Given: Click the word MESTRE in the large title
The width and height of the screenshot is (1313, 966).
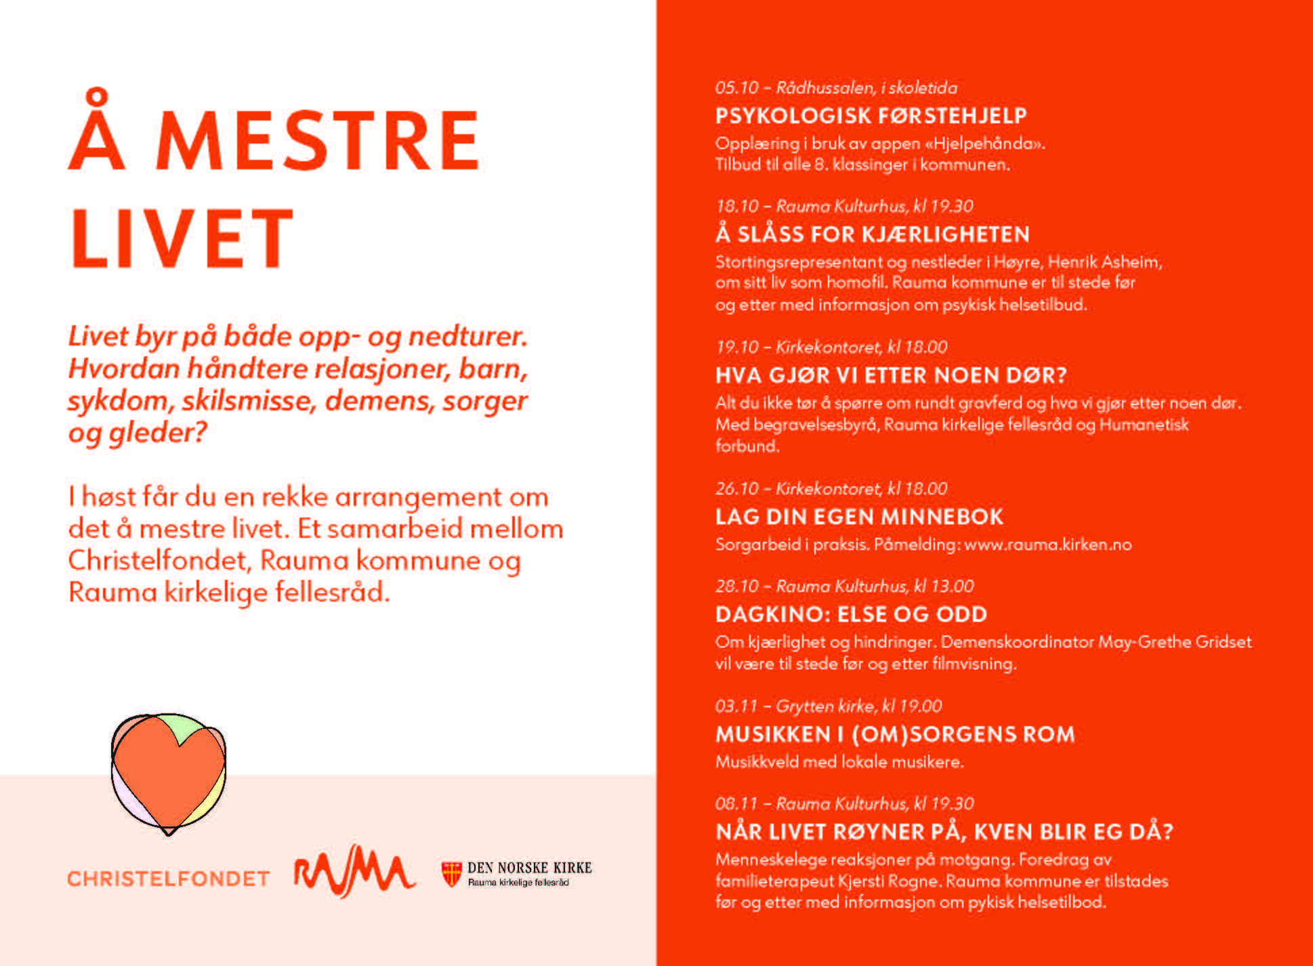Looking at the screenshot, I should [x=317, y=141].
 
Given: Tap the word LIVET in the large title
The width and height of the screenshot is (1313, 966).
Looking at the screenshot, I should [x=182, y=238].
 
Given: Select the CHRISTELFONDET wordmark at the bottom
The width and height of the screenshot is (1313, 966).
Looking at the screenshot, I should [x=168, y=879].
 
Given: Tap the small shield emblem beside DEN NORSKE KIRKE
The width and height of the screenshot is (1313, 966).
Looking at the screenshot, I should [x=451, y=874].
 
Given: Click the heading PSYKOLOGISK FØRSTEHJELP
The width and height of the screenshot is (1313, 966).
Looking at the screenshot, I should [x=871, y=116].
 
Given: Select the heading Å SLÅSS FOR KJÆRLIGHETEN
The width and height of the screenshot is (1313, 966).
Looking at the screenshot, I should [x=872, y=234].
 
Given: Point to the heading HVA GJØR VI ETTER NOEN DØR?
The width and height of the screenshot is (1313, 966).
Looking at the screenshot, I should [x=891, y=375].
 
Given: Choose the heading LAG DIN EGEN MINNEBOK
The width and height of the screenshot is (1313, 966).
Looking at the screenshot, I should [x=859, y=517].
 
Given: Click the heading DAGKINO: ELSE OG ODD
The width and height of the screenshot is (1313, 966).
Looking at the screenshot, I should [x=851, y=614].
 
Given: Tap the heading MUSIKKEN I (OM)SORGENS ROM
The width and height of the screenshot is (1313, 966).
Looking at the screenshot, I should [x=895, y=734].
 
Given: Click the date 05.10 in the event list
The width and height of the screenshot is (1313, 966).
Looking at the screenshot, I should [x=736, y=88].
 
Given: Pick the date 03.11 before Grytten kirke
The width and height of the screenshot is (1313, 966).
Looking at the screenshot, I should [x=736, y=707].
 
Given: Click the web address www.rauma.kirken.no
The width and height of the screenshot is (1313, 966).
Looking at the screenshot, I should [x=1047, y=545].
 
